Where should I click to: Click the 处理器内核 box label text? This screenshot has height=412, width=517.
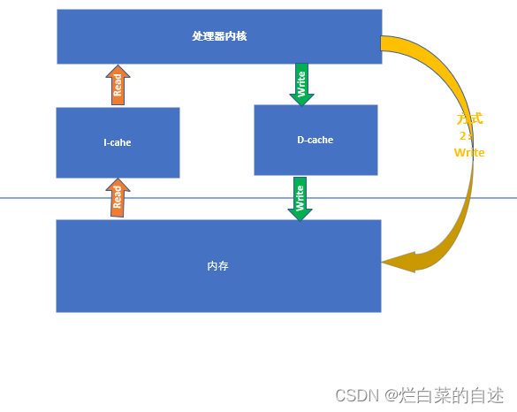[x=219, y=36]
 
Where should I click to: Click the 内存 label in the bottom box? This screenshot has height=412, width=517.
[x=218, y=265]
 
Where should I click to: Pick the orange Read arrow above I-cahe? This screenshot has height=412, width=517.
[x=117, y=85]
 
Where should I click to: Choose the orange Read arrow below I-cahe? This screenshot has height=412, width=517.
[x=117, y=198]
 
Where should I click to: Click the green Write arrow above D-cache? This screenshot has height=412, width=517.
[x=301, y=84]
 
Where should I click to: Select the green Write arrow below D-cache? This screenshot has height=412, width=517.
[x=300, y=198]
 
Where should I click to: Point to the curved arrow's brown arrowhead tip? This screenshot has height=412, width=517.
[x=384, y=262]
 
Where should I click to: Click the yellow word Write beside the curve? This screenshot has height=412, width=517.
[x=469, y=152]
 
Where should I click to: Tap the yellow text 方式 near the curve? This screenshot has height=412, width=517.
[x=469, y=119]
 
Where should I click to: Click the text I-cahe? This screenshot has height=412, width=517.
[x=118, y=142]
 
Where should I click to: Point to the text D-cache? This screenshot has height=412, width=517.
[x=316, y=140]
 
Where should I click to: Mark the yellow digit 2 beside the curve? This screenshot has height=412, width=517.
[x=463, y=136]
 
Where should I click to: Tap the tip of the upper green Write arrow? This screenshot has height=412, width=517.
[x=301, y=104]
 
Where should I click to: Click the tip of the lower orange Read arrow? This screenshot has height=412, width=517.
[x=117, y=179]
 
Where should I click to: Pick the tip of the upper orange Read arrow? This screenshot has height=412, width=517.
[x=117, y=65]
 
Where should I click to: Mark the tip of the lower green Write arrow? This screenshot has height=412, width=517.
[x=300, y=219]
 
